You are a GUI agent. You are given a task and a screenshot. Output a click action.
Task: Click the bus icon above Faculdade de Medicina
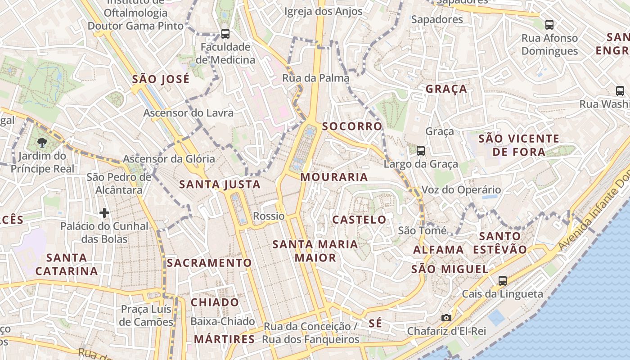coord(225,33)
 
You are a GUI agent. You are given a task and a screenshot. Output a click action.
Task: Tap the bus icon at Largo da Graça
coord(421,150)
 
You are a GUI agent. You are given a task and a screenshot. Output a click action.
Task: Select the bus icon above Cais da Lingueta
coord(503,280)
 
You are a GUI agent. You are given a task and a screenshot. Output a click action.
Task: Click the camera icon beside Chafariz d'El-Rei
coord(446,318)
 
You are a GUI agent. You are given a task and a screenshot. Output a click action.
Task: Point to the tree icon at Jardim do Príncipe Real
coord(42,143)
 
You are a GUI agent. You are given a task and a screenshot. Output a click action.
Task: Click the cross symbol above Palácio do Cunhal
coord(104,212)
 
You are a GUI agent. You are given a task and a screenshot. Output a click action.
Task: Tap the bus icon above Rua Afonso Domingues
coord(549,24)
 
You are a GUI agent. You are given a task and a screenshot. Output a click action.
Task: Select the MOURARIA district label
coord(334,177)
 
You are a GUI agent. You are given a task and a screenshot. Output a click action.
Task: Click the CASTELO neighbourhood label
coord(359,220)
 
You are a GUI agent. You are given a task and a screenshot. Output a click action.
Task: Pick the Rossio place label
coord(269,216)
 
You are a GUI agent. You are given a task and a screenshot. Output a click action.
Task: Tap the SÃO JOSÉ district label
coord(161,80)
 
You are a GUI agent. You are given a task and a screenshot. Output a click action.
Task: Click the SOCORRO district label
coord(352,126)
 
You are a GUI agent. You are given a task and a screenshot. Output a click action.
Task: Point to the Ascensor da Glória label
coord(169,159)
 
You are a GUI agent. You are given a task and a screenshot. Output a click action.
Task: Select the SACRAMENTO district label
coord(209,263)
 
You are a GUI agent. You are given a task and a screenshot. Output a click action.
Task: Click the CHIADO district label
coord(215,302)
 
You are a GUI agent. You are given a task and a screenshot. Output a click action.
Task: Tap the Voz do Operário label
coord(461,190)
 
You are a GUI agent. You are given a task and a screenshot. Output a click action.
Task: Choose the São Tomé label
coord(423,231)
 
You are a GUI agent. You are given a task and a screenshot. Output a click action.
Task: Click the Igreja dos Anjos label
coord(324,12)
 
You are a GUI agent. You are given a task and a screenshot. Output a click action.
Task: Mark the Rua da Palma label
coord(315,78)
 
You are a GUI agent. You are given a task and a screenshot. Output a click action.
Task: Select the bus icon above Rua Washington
coord(620,91)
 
